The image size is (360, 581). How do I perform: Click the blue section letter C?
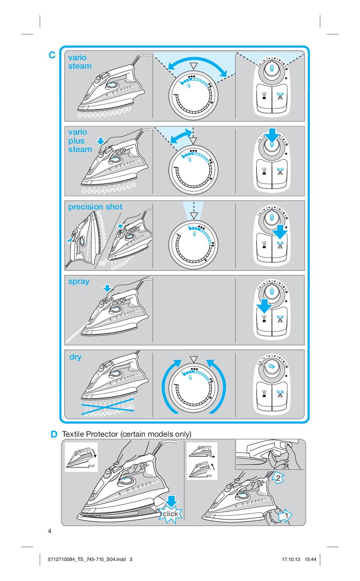[x=52, y=55]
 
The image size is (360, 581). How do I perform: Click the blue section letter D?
[x=54, y=434]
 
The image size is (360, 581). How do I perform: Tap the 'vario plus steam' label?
[x=80, y=140]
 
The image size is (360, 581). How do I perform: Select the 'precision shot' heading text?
[x=95, y=207]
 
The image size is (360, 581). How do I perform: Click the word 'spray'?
[x=79, y=282]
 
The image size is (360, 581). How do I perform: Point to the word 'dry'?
[x=75, y=357]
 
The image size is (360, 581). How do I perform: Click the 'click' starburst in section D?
[x=170, y=513]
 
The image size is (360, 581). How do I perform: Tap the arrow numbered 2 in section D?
[x=278, y=478]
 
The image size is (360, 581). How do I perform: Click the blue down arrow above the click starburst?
[x=171, y=501]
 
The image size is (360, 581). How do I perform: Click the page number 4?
[x=49, y=531]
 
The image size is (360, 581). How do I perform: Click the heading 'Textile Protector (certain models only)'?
[x=127, y=434]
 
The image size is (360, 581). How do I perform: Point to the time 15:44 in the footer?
[x=310, y=559]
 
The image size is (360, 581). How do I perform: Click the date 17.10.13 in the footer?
[x=291, y=559]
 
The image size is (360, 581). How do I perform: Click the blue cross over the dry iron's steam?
[x=108, y=407]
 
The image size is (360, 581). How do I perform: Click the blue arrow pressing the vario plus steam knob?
[x=272, y=135]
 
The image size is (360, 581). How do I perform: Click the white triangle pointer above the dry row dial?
[x=193, y=359]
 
